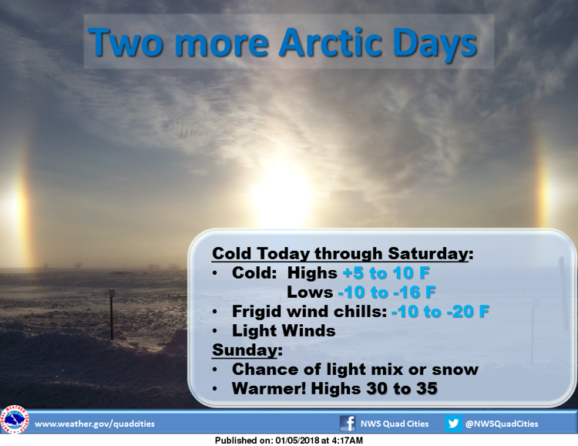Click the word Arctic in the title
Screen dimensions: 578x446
tap(330, 42)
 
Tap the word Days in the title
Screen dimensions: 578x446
tap(435, 45)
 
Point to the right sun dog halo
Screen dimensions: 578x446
tap(549, 192)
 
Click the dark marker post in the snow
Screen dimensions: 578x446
tap(112, 314)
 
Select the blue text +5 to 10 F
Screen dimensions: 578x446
tap(386, 273)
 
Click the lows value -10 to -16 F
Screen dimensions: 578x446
tap(387, 292)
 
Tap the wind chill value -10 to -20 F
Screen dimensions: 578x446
tap(440, 312)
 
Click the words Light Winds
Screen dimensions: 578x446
tap(284, 331)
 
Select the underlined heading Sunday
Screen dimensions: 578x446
tap(245, 350)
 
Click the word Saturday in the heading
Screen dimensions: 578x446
tap(428, 254)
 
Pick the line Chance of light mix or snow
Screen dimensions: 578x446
tap(355, 370)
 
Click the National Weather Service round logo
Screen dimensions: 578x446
tap(15, 420)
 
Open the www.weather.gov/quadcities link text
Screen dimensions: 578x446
tap(95, 424)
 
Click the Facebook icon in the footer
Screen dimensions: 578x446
tap(348, 423)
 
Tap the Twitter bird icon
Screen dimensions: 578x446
tap(453, 423)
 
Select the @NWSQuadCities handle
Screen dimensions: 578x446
tap(502, 424)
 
